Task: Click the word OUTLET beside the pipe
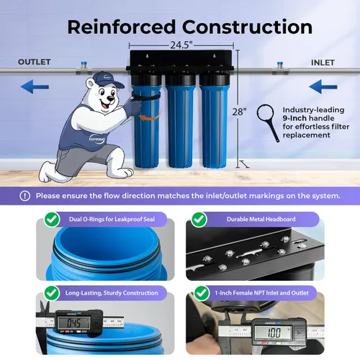(x=35, y=62)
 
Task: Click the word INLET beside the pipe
(x=323, y=63)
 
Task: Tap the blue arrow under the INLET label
(x=323, y=86)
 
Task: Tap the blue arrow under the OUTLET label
(x=35, y=86)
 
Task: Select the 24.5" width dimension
(x=181, y=45)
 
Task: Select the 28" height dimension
(x=239, y=112)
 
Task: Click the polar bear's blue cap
(x=107, y=80)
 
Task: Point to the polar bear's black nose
(x=110, y=98)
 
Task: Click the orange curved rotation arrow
(x=150, y=117)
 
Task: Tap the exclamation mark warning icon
(x=24, y=196)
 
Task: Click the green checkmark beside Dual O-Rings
(x=52, y=220)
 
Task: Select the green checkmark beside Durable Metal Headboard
(x=199, y=220)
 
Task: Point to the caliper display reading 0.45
(x=73, y=323)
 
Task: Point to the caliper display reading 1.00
(x=274, y=333)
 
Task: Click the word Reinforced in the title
(x=122, y=27)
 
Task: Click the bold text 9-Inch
(x=294, y=118)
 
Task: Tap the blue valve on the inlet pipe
(x=280, y=65)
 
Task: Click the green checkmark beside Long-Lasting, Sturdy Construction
(x=52, y=293)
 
